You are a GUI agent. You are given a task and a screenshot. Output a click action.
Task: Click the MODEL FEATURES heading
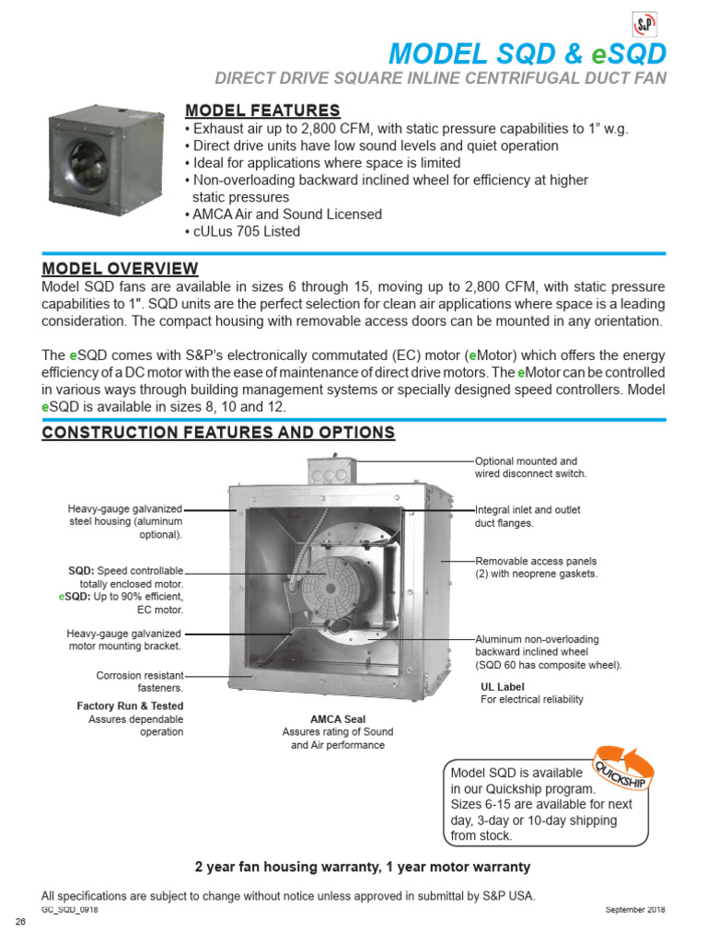[x=262, y=111]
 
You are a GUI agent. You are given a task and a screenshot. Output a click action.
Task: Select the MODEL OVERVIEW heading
[x=120, y=268]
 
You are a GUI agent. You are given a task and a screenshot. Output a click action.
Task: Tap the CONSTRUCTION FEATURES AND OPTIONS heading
[x=218, y=433]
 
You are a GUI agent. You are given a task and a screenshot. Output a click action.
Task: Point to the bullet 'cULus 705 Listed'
[x=242, y=231]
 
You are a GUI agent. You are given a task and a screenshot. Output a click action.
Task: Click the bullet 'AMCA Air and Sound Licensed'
[x=283, y=215]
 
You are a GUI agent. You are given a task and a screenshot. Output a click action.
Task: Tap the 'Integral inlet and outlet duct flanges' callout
[x=527, y=516]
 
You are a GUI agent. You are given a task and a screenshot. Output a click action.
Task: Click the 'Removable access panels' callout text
[x=536, y=566]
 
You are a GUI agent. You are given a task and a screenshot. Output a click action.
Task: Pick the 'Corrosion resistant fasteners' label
[x=140, y=681]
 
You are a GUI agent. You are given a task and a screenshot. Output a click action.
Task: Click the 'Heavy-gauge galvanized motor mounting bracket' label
[x=125, y=640]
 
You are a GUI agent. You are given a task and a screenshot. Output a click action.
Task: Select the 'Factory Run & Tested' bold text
[x=130, y=706]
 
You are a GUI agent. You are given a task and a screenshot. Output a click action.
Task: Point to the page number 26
[x=18, y=923]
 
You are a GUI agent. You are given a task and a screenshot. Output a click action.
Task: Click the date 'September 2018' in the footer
[x=634, y=910]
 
